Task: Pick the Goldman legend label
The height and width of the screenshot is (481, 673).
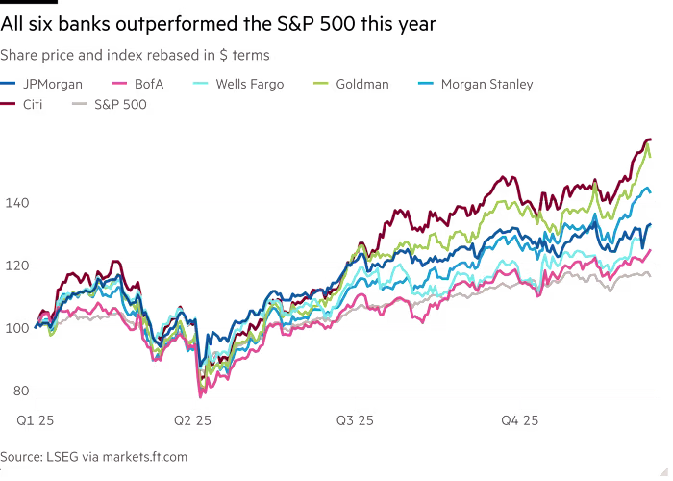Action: click(361, 85)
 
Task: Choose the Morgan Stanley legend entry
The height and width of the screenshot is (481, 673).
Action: click(486, 85)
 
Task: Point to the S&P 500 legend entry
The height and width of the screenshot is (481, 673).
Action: click(119, 103)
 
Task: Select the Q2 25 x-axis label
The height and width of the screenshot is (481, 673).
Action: click(193, 419)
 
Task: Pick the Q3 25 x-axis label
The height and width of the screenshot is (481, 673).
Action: click(356, 419)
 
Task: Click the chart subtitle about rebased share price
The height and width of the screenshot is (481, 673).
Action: click(135, 55)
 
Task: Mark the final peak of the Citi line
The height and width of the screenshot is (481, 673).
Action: click(647, 139)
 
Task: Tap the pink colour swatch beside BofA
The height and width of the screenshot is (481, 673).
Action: click(118, 85)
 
